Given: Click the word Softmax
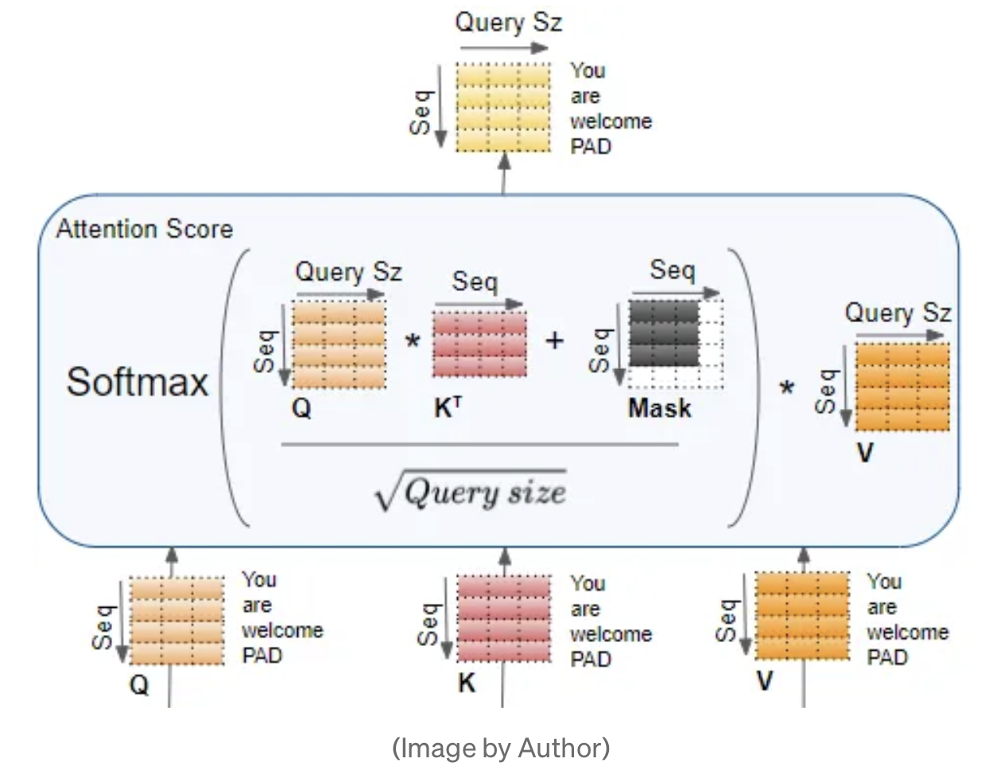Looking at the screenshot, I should tap(137, 382).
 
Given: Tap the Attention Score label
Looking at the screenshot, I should tap(145, 229).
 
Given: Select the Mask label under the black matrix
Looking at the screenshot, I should tap(659, 408).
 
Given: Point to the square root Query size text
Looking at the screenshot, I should tap(471, 492).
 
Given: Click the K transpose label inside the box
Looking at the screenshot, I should tap(447, 407).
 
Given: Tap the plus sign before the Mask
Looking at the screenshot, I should tap(554, 340).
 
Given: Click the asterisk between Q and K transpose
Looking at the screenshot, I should tap(412, 343).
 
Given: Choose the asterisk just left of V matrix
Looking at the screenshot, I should tap(786, 389).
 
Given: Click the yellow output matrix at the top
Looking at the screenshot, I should tap(502, 107).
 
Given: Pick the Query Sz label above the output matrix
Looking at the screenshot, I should tap(508, 21).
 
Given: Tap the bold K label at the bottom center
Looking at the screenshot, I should tap(467, 683).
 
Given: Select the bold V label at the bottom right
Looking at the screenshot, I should tap(764, 681).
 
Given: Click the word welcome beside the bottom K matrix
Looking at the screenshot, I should tap(611, 634).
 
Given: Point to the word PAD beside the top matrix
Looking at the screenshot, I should tap(591, 146).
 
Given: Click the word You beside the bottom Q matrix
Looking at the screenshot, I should tap(259, 579).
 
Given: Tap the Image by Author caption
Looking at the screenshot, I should tap(501, 748).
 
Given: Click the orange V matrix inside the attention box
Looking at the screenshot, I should tap(902, 386).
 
